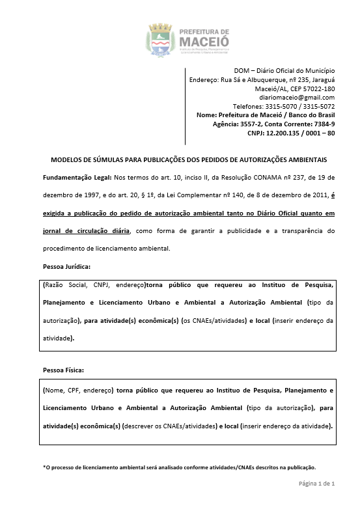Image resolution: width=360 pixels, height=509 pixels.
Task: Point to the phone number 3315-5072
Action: tap(319, 106)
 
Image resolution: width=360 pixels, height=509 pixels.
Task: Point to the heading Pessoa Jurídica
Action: tap(66, 267)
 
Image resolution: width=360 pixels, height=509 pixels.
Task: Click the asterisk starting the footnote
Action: tap(44, 467)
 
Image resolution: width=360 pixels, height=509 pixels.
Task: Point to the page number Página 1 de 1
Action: tap(316, 484)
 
